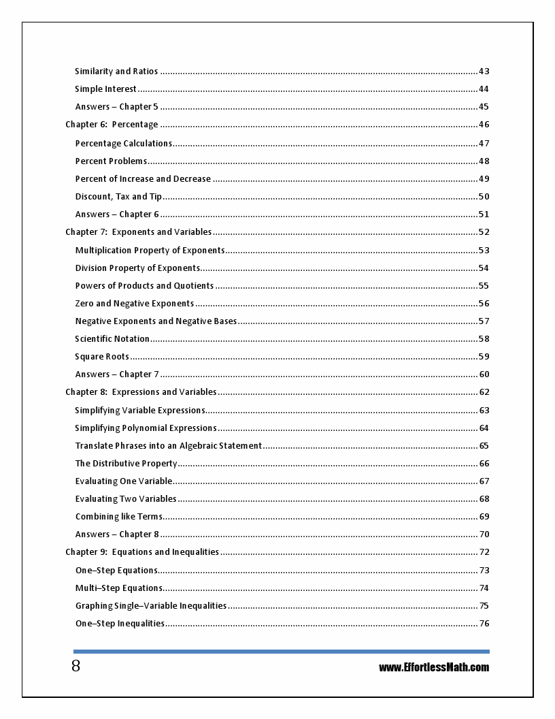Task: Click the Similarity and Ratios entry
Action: [x=116, y=71]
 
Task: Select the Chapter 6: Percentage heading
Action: [x=112, y=125]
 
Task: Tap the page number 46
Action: [x=484, y=125]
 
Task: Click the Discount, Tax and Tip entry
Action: [x=118, y=197]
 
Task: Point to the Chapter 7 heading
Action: [x=138, y=232]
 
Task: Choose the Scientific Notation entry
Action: [x=112, y=339]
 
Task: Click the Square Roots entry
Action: [x=102, y=357]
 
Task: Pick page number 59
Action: [x=484, y=357]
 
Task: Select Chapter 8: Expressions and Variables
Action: [x=141, y=392]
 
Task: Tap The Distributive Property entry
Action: [x=126, y=464]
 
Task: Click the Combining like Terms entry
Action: [x=118, y=517]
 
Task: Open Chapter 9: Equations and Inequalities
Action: [x=142, y=552]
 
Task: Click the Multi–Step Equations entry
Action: [x=119, y=588]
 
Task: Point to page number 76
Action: [x=484, y=624]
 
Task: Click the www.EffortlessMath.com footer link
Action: [x=434, y=667]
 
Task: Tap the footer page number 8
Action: [x=75, y=666]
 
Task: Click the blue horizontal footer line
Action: [x=281, y=652]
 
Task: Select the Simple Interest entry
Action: [x=105, y=89]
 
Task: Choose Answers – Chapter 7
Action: [x=117, y=374]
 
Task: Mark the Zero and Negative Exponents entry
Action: [x=134, y=304]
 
